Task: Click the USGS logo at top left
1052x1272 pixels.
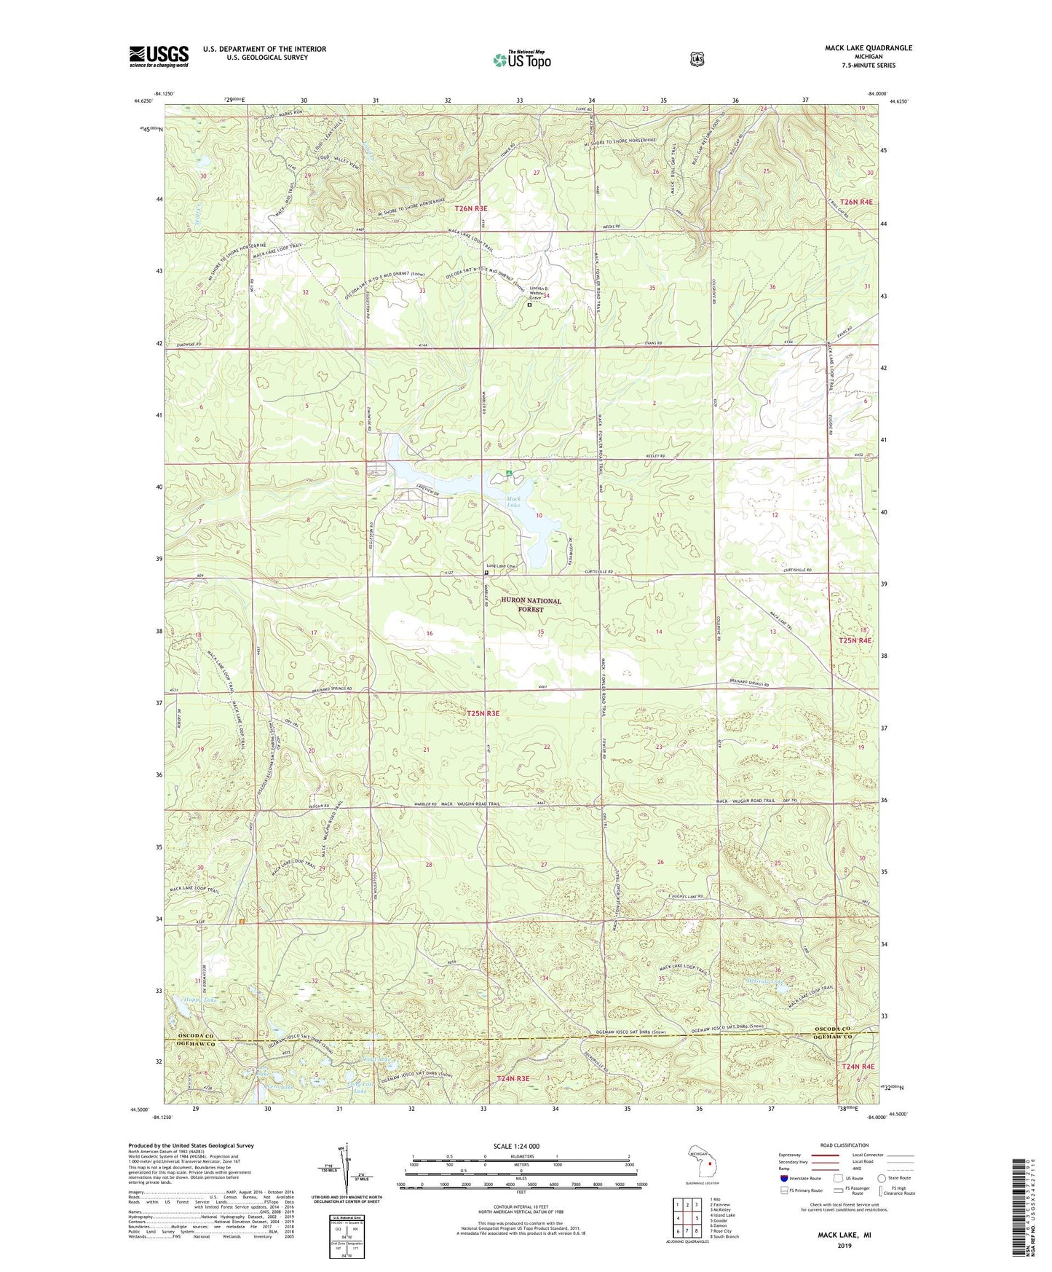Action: tap(159, 56)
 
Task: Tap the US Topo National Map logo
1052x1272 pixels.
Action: tap(521, 60)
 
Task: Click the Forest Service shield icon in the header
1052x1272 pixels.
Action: tap(697, 58)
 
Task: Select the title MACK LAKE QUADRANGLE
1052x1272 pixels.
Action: tap(868, 48)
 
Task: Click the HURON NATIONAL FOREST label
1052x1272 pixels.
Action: tap(531, 605)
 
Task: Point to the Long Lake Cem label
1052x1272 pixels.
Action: tap(501, 566)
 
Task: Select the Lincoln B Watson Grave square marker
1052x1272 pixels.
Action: tap(529, 305)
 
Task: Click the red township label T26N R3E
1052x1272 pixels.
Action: tap(470, 208)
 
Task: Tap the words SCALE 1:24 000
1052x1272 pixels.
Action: tap(516, 1146)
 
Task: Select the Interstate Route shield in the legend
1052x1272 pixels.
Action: tap(783, 1178)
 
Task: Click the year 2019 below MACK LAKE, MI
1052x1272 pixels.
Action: tap(844, 1245)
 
